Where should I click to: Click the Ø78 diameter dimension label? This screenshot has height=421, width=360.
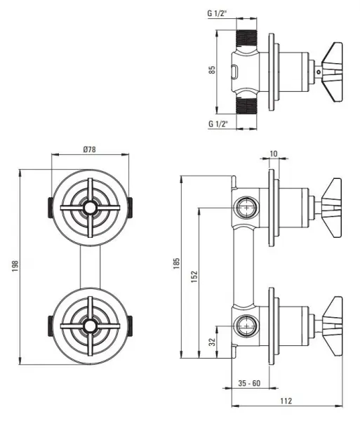coord(89,149)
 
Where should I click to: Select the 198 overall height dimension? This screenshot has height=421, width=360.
coord(15,266)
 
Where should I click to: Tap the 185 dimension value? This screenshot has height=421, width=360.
coord(176,263)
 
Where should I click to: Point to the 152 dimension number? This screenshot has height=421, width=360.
coord(194,276)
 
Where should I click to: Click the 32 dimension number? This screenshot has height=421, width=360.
coord(212,342)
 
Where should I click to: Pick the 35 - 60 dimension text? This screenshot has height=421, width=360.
coord(249,383)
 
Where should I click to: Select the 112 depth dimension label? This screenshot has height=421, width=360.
coord(286,401)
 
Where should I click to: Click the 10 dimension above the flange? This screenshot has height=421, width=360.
coord(273,154)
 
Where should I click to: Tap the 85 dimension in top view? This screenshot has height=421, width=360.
coord(212,69)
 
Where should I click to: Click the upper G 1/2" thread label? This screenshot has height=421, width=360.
coord(217,13)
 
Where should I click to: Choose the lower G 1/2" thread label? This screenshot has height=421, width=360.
coord(218,123)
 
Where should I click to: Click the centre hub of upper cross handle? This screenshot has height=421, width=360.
coord(90,208)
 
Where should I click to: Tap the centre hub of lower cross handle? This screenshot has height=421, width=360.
coord(90,326)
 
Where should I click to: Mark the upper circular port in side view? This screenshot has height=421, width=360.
coord(247,207)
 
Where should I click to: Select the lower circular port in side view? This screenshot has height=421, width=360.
coord(247,326)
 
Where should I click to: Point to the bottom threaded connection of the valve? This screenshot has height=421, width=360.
coord(246,105)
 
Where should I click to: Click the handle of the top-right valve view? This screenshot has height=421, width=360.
coord(333,72)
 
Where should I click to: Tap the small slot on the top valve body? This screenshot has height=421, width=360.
coord(234,72)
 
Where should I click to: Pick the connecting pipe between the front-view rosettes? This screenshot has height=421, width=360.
coord(91,267)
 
